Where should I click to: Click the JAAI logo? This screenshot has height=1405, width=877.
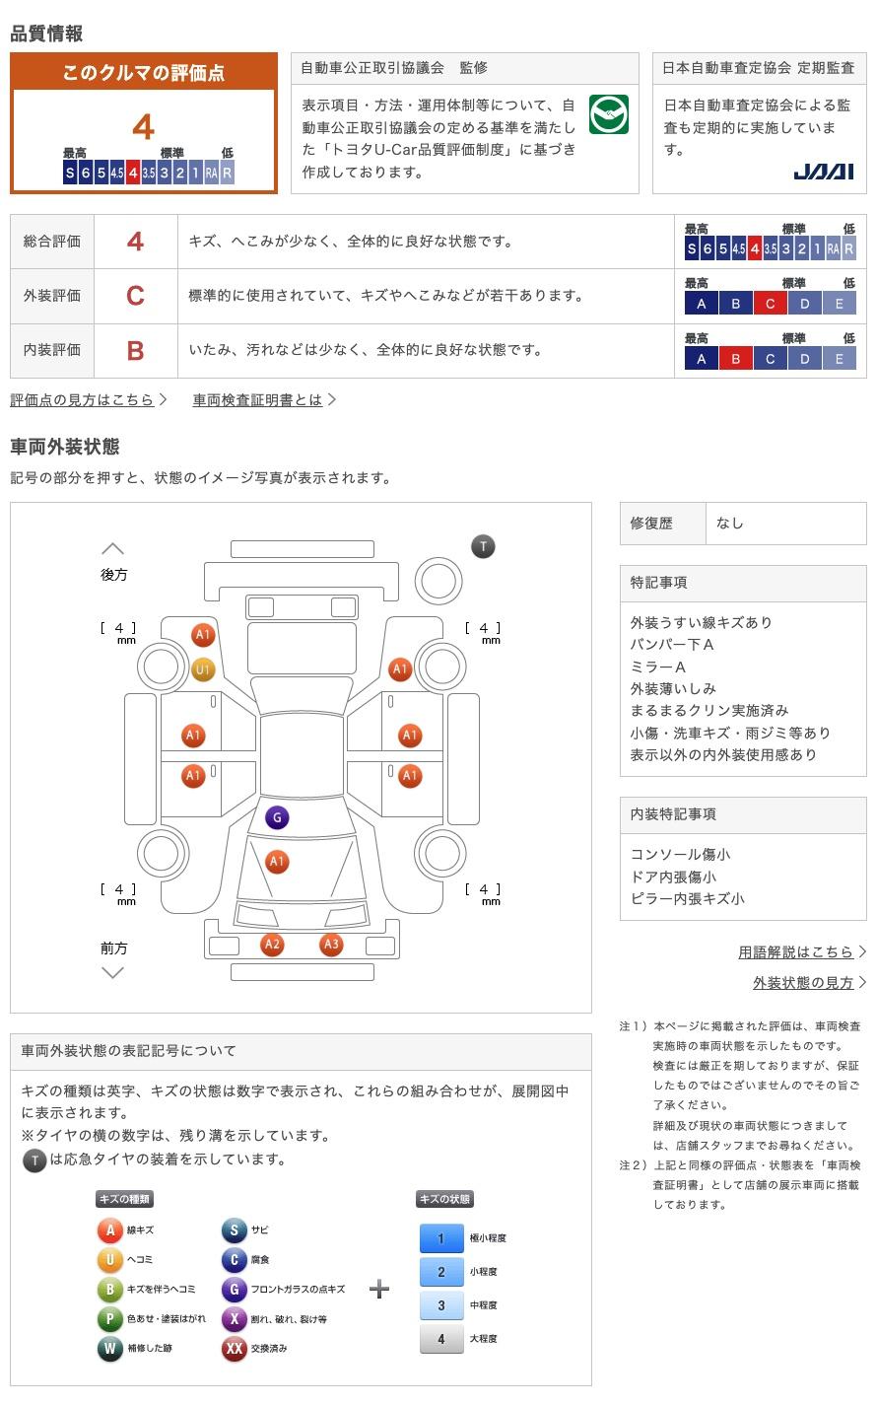(x=823, y=172)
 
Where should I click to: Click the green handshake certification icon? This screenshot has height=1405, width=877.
(x=609, y=115)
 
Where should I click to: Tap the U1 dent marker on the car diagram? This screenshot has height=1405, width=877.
(x=203, y=670)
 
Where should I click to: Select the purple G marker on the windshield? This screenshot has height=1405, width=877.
(x=277, y=817)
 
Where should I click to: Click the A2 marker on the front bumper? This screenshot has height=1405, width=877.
(x=272, y=945)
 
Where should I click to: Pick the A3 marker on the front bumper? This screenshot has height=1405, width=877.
(x=331, y=945)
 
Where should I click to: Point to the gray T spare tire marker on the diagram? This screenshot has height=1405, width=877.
(x=483, y=546)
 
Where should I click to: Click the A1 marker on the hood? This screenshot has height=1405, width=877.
(x=277, y=862)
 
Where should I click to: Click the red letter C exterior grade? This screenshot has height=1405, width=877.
(x=135, y=296)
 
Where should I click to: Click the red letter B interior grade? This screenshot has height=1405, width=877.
(x=135, y=350)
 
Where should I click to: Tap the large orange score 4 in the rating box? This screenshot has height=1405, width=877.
(x=144, y=127)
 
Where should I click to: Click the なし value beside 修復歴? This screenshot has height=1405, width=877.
(x=730, y=524)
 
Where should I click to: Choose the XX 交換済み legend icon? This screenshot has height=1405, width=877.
(x=234, y=1349)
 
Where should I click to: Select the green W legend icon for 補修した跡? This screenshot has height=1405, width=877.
(x=109, y=1349)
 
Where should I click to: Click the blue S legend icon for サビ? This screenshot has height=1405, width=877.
(x=234, y=1230)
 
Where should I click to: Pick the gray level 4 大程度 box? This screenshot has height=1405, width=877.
(x=441, y=1339)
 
